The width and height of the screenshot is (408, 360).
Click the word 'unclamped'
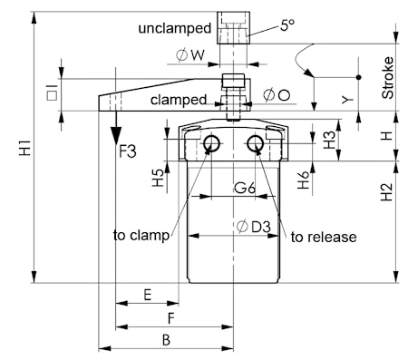click(175, 28)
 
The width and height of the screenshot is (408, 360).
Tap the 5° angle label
click(287, 25)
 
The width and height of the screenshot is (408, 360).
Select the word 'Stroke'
click(388, 78)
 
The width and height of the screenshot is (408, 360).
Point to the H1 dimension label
click(25, 148)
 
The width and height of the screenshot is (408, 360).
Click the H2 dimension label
click(386, 192)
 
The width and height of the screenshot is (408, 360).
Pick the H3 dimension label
click(329, 141)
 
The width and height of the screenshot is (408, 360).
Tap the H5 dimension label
click(158, 178)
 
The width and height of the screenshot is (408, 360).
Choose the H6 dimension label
click(304, 180)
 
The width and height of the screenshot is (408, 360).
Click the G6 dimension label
click(245, 189)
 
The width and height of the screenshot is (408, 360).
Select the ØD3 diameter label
click(254, 227)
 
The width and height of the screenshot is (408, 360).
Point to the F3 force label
click(128, 151)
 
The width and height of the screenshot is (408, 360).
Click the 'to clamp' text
click(141, 236)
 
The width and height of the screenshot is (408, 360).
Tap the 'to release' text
click(324, 237)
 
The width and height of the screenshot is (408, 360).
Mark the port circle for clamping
click(211, 143)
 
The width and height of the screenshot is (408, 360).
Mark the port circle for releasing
click(255, 143)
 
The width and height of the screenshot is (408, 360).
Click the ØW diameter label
click(190, 55)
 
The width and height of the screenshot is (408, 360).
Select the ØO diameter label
click(277, 95)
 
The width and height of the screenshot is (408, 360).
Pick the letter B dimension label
click(166, 340)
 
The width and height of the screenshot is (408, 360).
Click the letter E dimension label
click(147, 295)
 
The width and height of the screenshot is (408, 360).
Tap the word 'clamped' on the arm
click(179, 100)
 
